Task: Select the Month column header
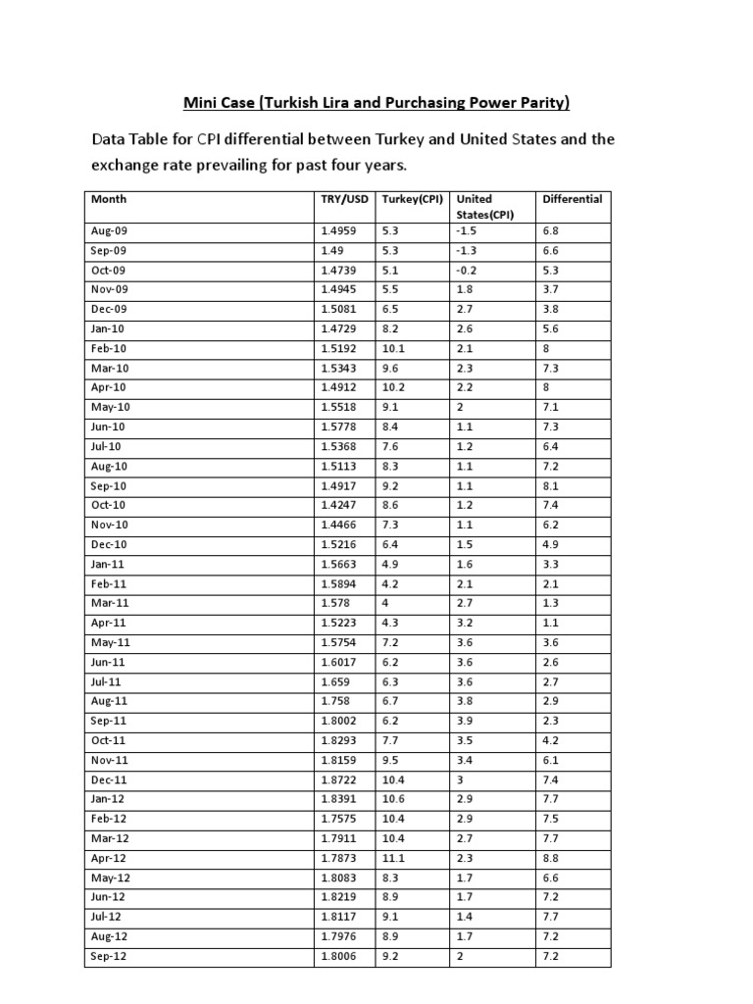(109, 199)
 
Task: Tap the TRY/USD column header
(344, 199)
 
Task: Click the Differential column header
(573, 199)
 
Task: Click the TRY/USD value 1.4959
(338, 230)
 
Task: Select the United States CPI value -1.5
(467, 230)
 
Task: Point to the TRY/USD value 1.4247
(338, 505)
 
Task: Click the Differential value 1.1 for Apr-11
(549, 623)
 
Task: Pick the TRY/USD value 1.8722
(338, 779)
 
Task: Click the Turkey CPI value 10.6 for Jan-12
(394, 799)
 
